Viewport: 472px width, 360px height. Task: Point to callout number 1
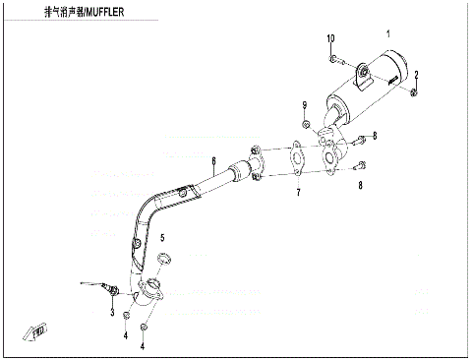tap(387, 34)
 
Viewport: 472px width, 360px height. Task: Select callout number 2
tap(417, 75)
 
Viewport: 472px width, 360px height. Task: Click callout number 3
tap(111, 313)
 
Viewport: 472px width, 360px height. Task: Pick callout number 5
tap(162, 238)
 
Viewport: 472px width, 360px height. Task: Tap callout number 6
tap(212, 160)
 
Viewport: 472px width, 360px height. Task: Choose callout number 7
tap(298, 194)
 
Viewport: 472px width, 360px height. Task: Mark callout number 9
tap(305, 105)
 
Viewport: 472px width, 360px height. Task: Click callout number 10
tap(330, 38)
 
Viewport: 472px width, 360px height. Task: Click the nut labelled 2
tap(414, 91)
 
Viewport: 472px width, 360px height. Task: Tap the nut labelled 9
tap(306, 125)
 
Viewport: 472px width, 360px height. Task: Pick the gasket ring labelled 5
tap(164, 260)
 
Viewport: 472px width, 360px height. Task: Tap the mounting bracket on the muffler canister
tap(363, 70)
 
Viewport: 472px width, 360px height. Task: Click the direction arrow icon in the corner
tap(40, 331)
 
